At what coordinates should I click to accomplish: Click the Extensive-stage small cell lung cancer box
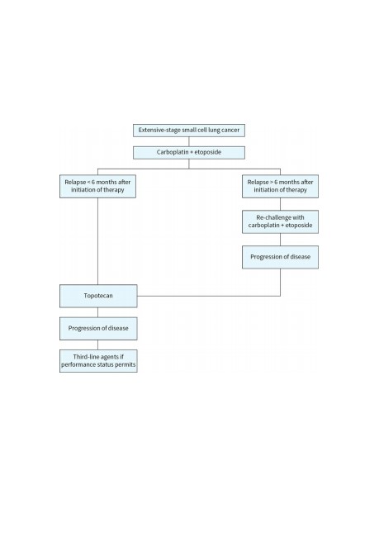click(x=189, y=131)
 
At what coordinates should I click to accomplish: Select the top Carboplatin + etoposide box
click(x=189, y=153)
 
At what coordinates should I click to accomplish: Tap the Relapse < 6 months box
click(x=98, y=187)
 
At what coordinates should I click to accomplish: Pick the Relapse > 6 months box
click(x=281, y=187)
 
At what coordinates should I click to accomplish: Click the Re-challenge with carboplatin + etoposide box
click(x=281, y=222)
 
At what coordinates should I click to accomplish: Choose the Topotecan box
click(x=98, y=296)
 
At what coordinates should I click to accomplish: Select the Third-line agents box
click(x=98, y=361)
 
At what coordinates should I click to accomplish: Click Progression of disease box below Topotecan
click(x=98, y=329)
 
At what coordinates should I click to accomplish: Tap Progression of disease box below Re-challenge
click(x=281, y=257)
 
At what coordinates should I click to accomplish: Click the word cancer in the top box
click(x=230, y=131)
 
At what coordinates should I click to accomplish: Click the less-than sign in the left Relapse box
click(x=88, y=183)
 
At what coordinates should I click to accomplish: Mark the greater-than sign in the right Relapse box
click(x=272, y=183)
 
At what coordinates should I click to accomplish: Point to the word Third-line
click(x=85, y=357)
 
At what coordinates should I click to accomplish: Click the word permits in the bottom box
click(x=126, y=364)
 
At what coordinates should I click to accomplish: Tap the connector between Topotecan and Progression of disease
click(x=98, y=312)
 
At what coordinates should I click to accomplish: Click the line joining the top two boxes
click(x=189, y=142)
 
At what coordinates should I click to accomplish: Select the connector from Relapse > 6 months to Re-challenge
click(x=281, y=204)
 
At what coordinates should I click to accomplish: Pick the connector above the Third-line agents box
click(x=98, y=345)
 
